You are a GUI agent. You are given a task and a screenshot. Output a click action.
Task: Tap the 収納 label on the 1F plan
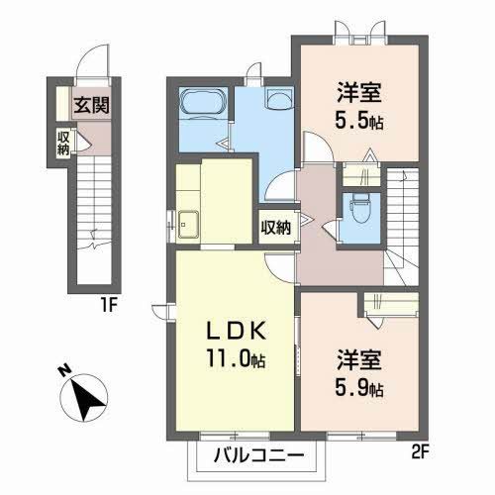(63, 144)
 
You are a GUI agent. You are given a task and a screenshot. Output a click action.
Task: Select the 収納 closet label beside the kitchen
(276, 227)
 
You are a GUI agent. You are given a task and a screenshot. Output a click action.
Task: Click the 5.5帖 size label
(359, 126)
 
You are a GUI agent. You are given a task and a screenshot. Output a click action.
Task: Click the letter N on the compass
(61, 373)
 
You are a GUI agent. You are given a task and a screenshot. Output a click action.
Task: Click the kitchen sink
(189, 222)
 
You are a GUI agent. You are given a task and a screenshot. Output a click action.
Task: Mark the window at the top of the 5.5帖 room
(358, 41)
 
